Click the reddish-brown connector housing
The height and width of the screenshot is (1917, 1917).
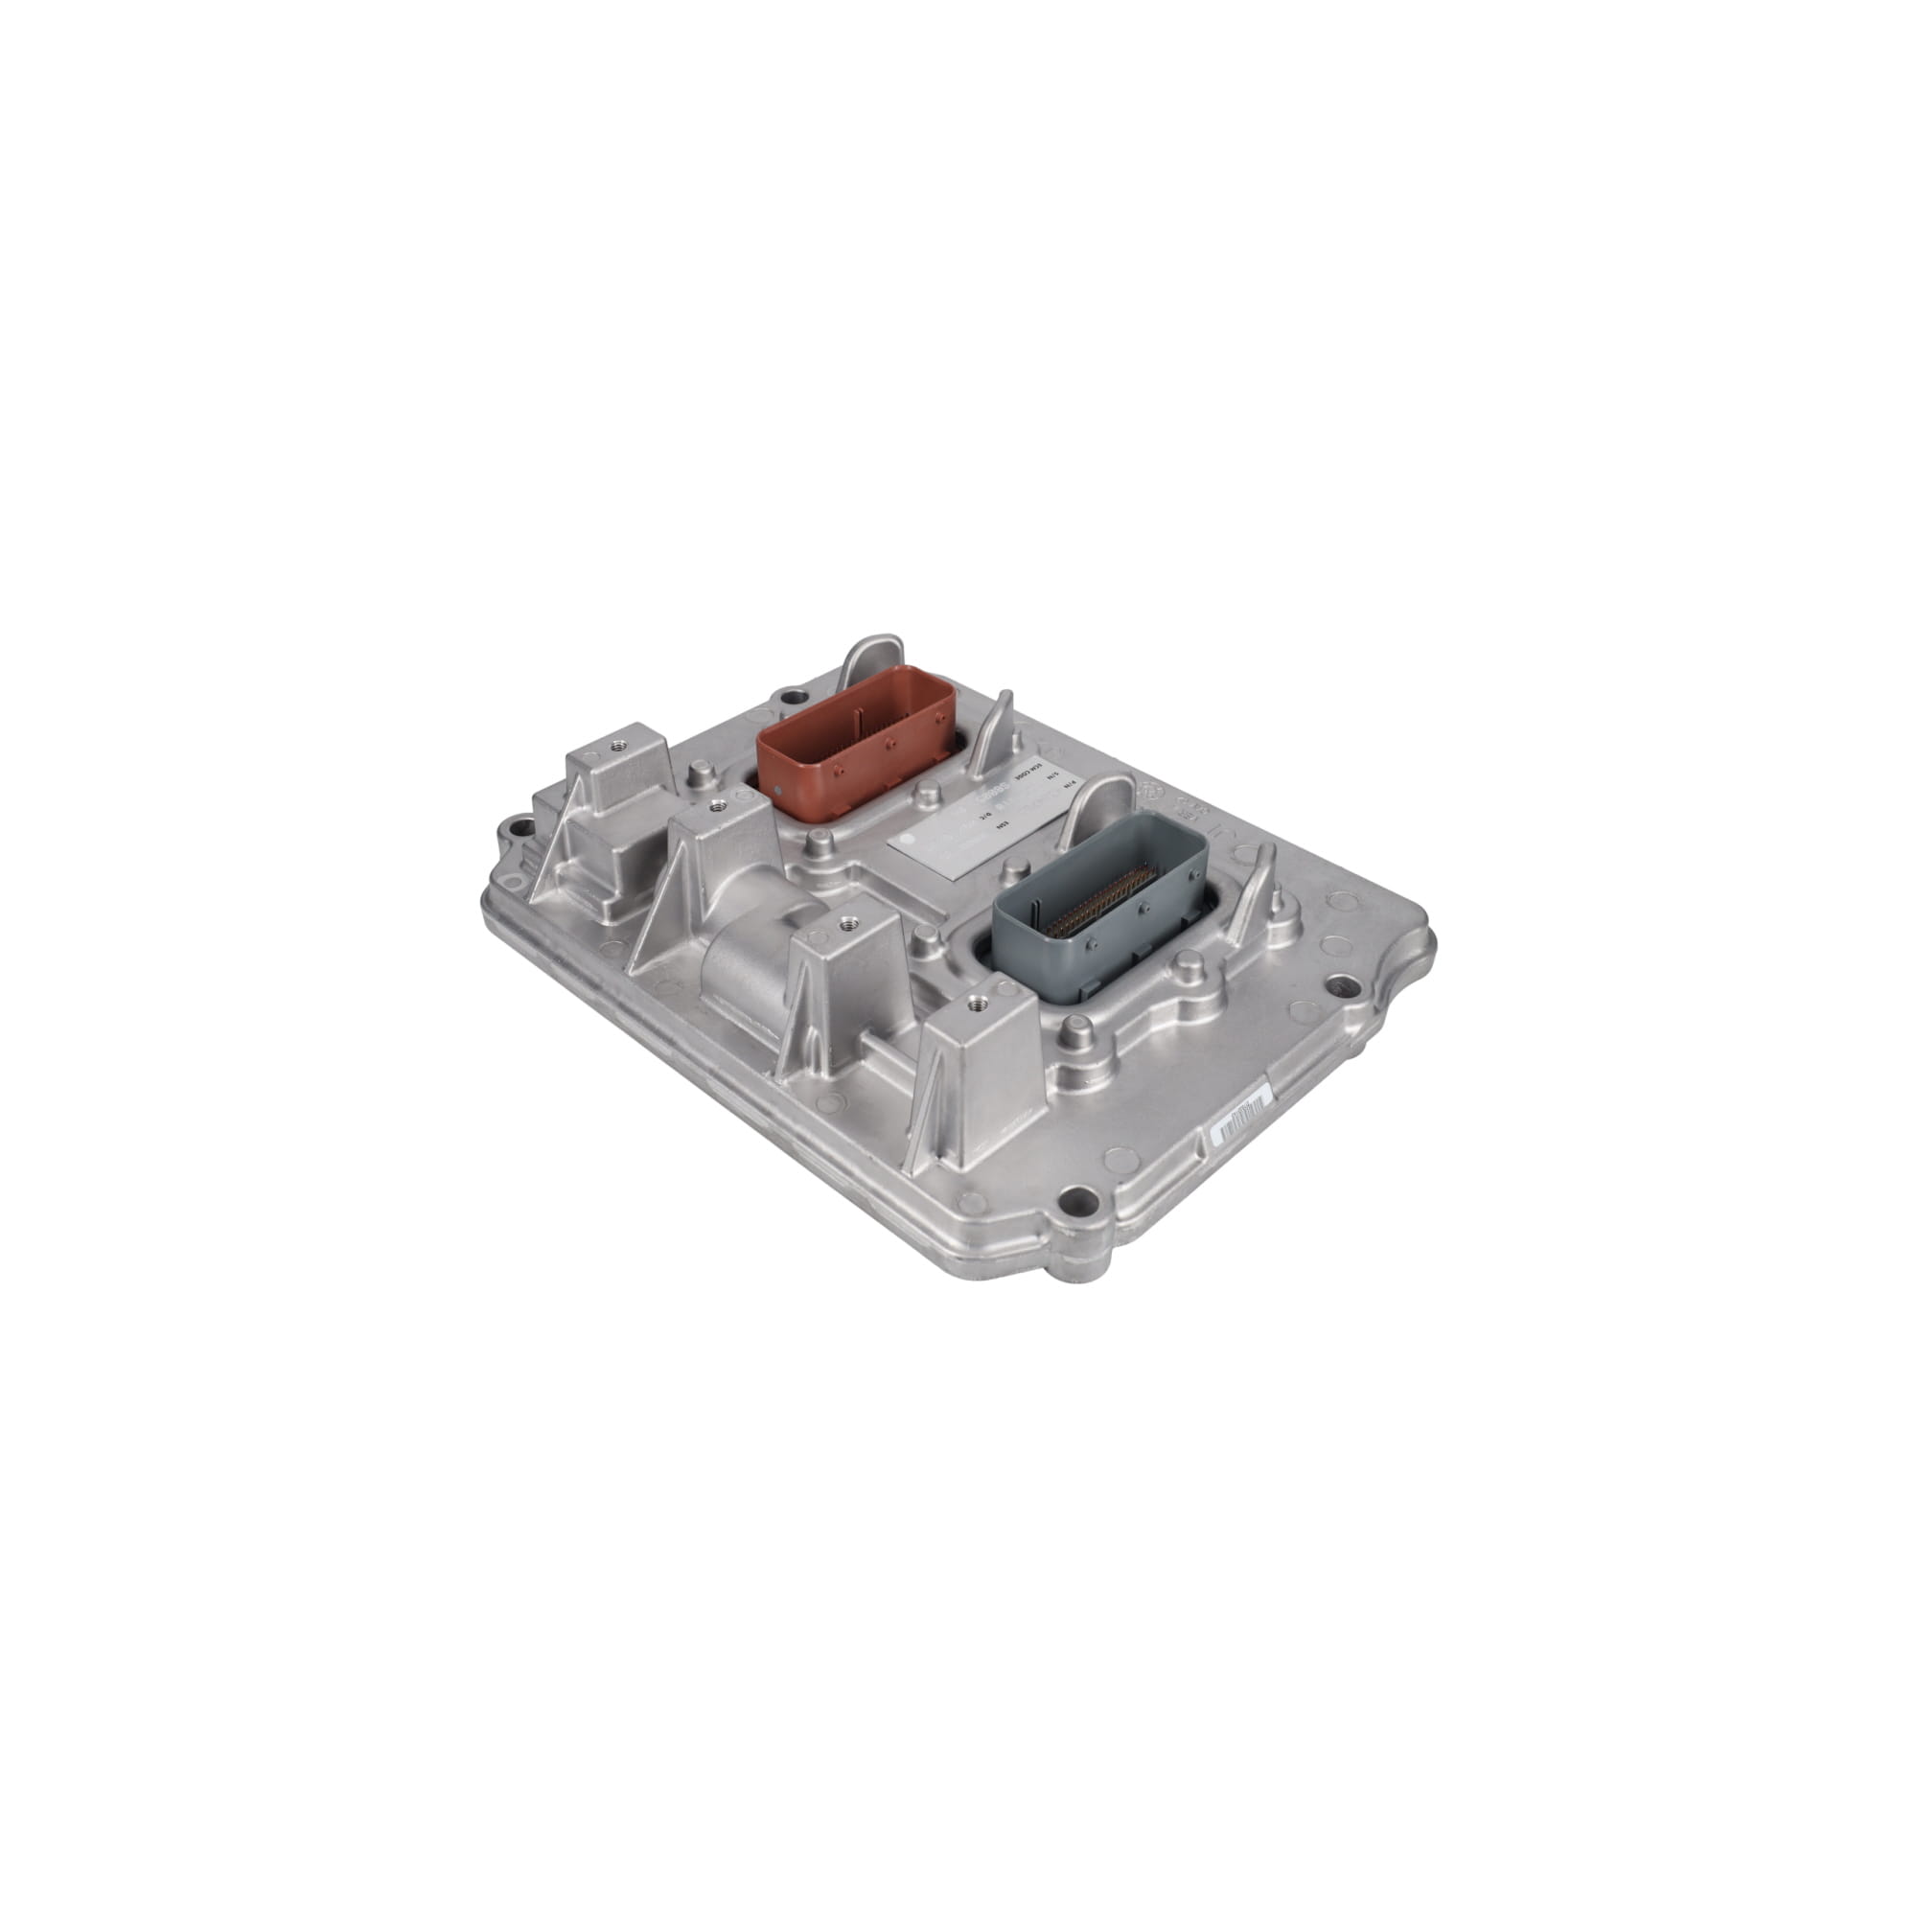[x=853, y=734]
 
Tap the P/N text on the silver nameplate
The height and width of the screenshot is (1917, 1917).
[x=1071, y=785]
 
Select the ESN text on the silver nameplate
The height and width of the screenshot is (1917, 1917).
[x=1004, y=825]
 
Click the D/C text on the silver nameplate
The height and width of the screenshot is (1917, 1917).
[x=986, y=816]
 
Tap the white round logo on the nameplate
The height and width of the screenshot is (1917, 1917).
[x=907, y=840]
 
